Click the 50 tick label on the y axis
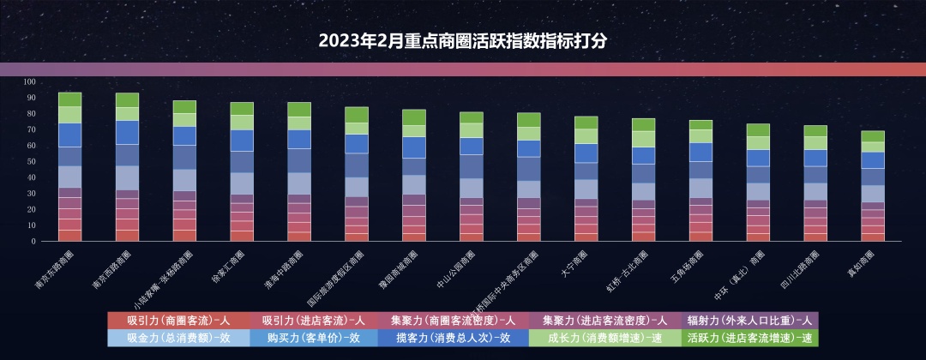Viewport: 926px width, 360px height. tap(31, 161)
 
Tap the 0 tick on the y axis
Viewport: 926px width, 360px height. tap(33, 242)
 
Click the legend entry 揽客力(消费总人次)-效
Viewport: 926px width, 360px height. tap(454, 338)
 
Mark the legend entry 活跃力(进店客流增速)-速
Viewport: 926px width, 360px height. tap(749, 338)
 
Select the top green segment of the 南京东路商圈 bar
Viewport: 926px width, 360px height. tap(69, 99)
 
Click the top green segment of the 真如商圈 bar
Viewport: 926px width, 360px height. tap(872, 136)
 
